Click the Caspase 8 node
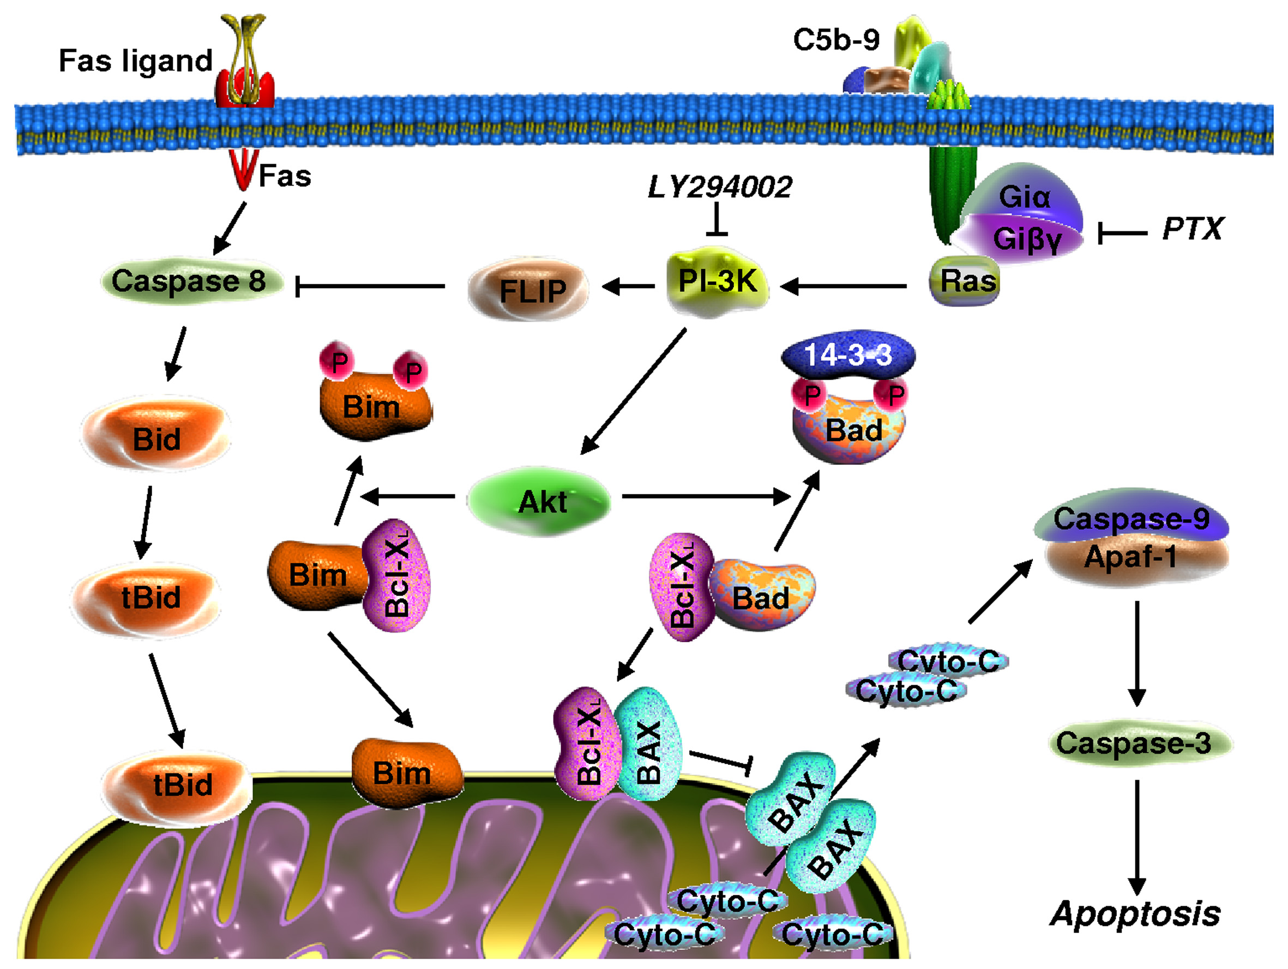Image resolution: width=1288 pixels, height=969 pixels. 189,282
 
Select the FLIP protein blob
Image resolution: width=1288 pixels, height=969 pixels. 529,290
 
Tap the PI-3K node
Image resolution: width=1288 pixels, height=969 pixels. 718,282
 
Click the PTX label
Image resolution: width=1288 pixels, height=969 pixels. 1191,229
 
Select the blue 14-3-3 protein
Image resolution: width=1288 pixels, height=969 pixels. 848,354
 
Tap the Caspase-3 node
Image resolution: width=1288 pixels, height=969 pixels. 1133,744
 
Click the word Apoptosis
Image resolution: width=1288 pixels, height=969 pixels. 1135,914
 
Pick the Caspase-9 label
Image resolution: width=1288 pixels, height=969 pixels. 1131,518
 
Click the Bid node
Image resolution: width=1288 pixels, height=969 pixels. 156,438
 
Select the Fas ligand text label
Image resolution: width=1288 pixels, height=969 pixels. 136,61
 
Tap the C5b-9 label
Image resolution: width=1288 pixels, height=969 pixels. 836,40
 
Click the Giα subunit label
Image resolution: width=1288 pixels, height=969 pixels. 1024,197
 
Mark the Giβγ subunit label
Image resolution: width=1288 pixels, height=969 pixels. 1027,239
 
